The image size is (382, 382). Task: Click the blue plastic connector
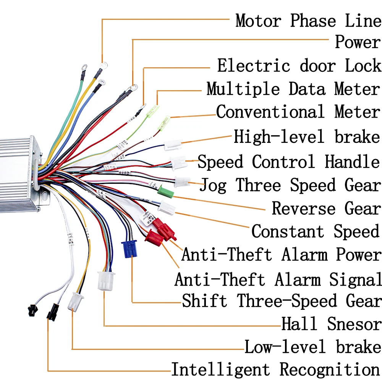[x=129, y=249]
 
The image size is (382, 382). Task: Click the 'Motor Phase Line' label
[x=308, y=21]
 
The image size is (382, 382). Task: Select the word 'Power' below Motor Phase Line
[x=358, y=42]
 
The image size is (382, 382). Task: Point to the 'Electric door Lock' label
[x=299, y=66]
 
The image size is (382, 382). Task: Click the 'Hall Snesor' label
[x=331, y=324]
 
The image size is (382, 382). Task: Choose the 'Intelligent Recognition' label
[x=276, y=369]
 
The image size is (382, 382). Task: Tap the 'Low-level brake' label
[x=313, y=347]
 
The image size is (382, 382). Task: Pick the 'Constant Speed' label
[x=316, y=231]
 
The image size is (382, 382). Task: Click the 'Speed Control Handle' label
[x=289, y=162]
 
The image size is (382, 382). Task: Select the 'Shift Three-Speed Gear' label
[x=282, y=301]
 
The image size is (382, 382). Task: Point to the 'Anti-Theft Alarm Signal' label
[x=278, y=280]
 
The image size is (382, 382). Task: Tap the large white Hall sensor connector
[x=106, y=281]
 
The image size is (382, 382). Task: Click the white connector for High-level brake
[x=173, y=145]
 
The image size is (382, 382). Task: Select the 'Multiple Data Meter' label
[x=293, y=89]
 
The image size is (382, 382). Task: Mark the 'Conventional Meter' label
[x=298, y=112]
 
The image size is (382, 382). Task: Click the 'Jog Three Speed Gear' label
[x=290, y=185]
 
